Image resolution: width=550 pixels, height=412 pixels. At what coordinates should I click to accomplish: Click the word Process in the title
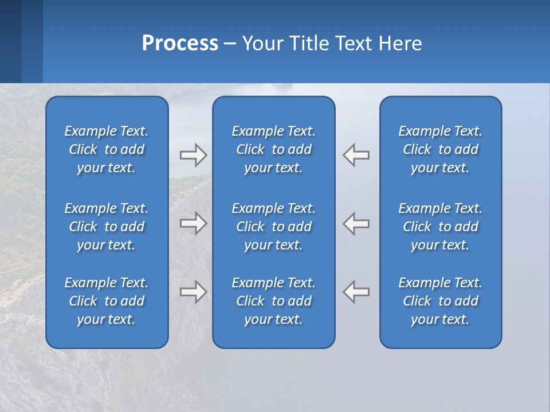point(180,43)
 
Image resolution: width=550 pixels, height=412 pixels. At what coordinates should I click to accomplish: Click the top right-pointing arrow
point(193,155)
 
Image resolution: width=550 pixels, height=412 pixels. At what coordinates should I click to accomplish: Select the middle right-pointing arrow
point(193,223)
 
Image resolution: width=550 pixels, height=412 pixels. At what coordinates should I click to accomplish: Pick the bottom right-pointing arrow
point(193,292)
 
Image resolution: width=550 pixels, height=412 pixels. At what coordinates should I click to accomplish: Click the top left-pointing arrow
point(356,155)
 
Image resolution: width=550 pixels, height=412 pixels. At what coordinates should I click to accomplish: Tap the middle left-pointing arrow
point(356,223)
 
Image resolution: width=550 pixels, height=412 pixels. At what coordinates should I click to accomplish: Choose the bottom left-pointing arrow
point(356,292)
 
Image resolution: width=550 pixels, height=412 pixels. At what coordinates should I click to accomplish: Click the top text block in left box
point(106,149)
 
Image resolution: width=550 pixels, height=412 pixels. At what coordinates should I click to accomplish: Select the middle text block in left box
point(106,227)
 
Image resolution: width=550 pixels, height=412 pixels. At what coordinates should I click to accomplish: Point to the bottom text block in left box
point(106,301)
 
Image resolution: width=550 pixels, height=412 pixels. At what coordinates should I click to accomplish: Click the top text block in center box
point(273,149)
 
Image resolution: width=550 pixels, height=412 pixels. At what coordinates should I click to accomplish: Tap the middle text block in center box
point(273,227)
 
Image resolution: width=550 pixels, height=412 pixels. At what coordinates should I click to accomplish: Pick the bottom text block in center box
point(273,301)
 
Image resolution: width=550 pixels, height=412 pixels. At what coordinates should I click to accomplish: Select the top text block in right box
point(440,149)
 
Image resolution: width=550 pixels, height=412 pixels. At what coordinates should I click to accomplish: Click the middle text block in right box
point(440,227)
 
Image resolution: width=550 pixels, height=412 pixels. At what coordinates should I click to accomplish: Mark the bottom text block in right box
point(440,301)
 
